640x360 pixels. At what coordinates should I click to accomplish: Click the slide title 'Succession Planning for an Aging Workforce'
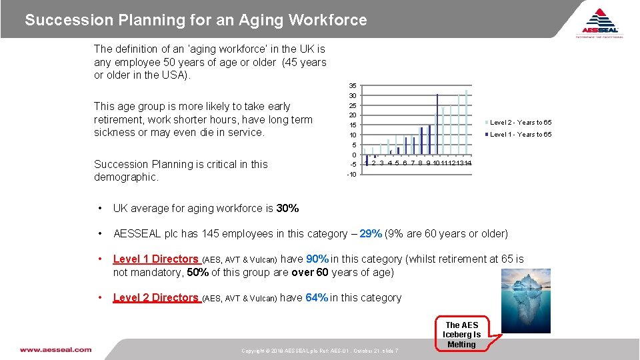[196, 20]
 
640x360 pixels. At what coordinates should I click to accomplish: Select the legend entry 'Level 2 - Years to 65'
[521, 122]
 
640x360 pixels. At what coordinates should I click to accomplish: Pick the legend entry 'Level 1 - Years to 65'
[521, 135]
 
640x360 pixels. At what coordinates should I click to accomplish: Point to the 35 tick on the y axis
[353, 86]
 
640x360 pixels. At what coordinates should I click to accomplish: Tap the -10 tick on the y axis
[351, 175]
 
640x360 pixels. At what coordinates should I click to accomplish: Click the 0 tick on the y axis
[354, 155]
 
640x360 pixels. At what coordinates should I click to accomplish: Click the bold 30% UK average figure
[287, 208]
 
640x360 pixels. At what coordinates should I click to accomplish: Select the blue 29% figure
[371, 233]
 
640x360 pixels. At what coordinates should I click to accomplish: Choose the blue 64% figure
[317, 297]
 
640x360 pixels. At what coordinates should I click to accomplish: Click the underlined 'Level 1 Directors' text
[156, 259]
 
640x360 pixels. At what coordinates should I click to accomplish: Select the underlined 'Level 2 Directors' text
[156, 297]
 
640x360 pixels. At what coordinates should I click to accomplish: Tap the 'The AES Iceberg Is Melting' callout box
[461, 335]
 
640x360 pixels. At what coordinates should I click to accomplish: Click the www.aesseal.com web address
[55, 349]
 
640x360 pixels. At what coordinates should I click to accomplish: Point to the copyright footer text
[320, 351]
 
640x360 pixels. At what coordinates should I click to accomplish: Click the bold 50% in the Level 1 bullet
[197, 272]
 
